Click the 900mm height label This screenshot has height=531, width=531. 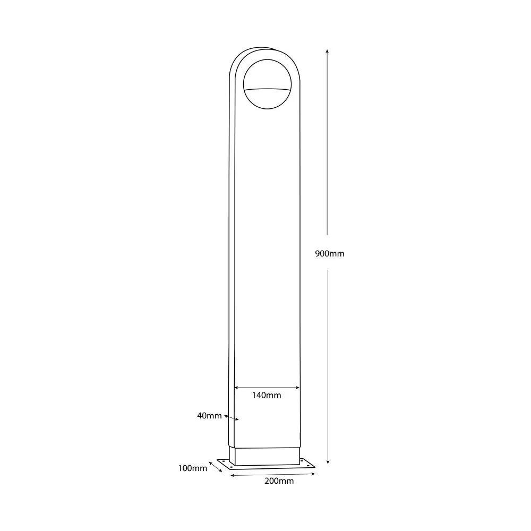[330, 254]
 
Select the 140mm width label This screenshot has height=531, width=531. [267, 395]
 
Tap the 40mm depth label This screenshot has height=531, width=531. [209, 416]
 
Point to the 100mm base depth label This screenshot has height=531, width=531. [192, 468]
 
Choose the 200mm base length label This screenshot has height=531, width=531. [279, 481]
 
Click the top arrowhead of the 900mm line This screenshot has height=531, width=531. [327, 51]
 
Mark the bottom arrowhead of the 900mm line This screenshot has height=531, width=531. [328, 461]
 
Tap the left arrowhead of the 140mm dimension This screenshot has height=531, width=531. [237, 388]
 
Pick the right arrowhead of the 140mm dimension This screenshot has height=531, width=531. [297, 388]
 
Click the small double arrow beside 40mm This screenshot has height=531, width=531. [232, 417]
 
